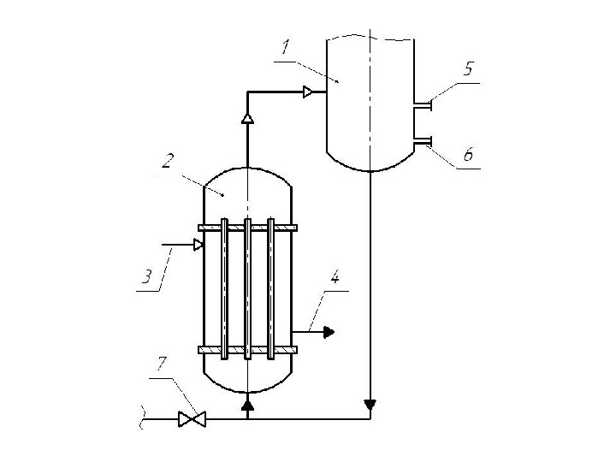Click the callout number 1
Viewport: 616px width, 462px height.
pos(286,47)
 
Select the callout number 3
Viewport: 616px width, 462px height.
pos(146,276)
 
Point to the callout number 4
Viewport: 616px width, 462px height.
pos(335,277)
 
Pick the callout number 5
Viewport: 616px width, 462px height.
pos(468,68)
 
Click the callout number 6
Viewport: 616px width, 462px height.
pos(468,154)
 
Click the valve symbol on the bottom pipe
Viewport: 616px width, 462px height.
pos(192,419)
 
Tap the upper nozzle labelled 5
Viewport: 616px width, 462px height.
pos(423,105)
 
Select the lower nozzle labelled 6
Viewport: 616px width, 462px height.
pos(423,140)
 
